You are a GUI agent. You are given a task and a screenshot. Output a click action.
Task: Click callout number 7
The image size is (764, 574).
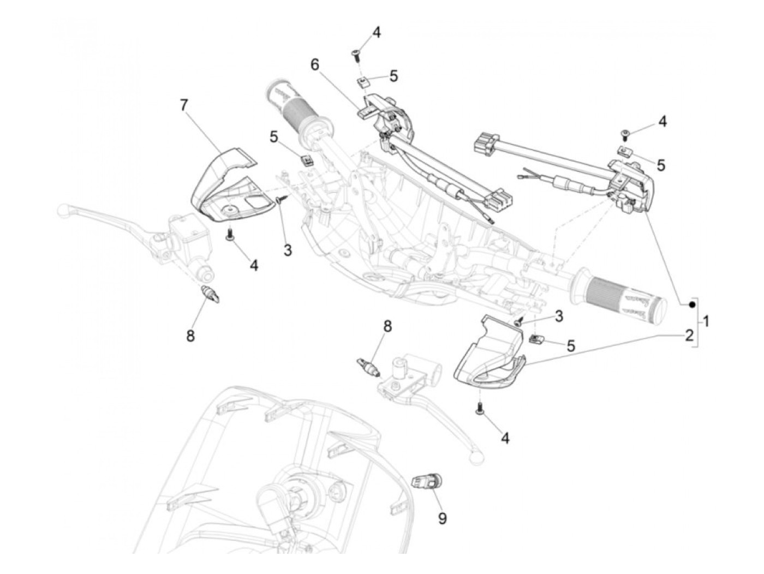tap(184, 105)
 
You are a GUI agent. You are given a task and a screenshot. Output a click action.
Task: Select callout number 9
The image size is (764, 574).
tap(442, 518)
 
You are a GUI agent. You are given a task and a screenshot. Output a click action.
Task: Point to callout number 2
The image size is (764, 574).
tap(689, 335)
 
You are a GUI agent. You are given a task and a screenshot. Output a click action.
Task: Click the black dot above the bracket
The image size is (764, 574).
tap(691, 304)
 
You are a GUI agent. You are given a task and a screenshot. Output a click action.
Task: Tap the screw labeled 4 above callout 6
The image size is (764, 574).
tap(355, 53)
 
